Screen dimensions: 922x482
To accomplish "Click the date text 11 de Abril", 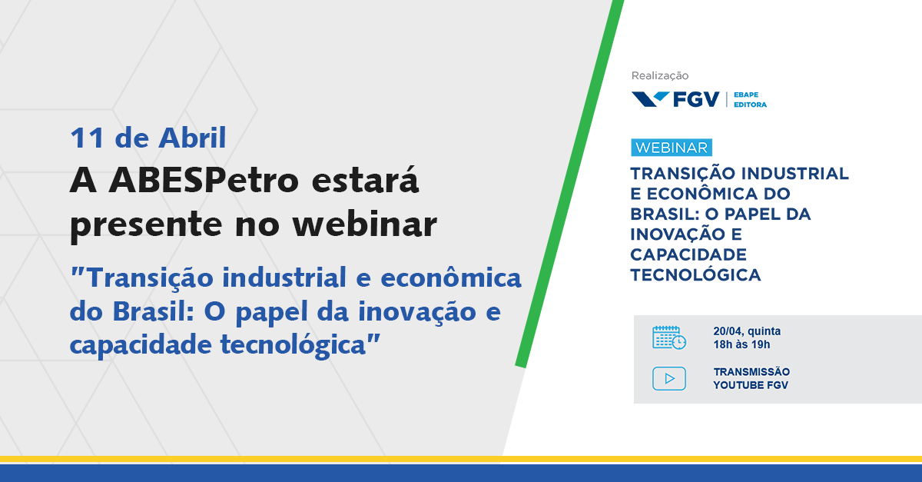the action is [148, 138].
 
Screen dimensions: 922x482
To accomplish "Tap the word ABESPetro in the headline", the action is [204, 180].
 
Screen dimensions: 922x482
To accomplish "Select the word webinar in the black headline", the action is [365, 224].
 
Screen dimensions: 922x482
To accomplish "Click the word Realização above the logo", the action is [660, 76].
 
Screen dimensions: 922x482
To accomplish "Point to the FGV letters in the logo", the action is [696, 100].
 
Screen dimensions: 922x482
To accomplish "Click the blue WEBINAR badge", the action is [672, 148].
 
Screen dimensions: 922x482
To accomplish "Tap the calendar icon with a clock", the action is [669, 337].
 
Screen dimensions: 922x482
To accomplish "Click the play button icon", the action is [669, 378].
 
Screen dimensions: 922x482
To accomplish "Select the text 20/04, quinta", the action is [747, 331].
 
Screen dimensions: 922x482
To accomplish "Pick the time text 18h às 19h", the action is [741, 344].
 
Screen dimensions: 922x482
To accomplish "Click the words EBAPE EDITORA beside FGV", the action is [750, 100].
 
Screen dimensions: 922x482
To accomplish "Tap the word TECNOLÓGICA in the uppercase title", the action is [695, 274].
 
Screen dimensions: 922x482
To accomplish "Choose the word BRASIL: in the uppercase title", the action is [665, 214].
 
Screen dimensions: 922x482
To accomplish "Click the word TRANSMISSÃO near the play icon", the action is [751, 371].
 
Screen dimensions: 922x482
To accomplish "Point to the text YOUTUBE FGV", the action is [751, 385].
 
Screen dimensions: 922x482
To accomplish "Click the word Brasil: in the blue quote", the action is [153, 311].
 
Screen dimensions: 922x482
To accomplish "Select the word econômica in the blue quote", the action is [451, 278].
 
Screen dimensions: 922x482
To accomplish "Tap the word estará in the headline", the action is [365, 180].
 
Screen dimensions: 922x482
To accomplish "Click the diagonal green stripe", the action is [569, 184].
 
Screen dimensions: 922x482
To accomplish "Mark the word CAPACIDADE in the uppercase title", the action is [688, 254].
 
